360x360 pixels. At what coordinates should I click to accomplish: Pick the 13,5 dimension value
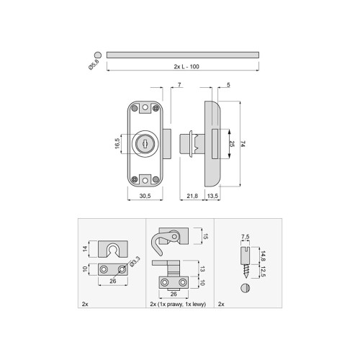click(214, 195)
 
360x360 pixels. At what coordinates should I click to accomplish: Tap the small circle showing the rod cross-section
click(97, 54)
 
